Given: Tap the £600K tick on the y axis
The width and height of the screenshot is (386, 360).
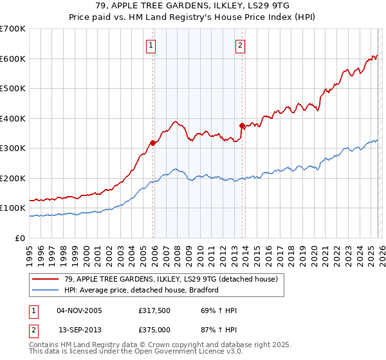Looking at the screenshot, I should [x=12, y=59].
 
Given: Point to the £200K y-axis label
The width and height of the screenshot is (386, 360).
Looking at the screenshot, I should [x=12, y=178].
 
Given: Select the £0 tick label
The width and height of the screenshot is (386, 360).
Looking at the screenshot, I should [x=20, y=238].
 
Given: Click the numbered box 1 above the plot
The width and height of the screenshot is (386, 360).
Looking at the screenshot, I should [x=151, y=45].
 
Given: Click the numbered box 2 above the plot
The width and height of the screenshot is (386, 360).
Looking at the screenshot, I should [x=240, y=45].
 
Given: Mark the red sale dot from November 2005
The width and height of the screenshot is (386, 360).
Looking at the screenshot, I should [x=152, y=143].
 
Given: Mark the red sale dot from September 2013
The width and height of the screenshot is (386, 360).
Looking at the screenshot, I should [x=242, y=126].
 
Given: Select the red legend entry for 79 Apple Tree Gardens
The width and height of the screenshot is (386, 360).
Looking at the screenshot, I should [x=170, y=279].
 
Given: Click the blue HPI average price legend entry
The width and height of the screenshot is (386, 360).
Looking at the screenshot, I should [x=142, y=290].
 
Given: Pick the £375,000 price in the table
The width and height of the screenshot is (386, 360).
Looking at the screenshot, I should [x=157, y=329].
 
